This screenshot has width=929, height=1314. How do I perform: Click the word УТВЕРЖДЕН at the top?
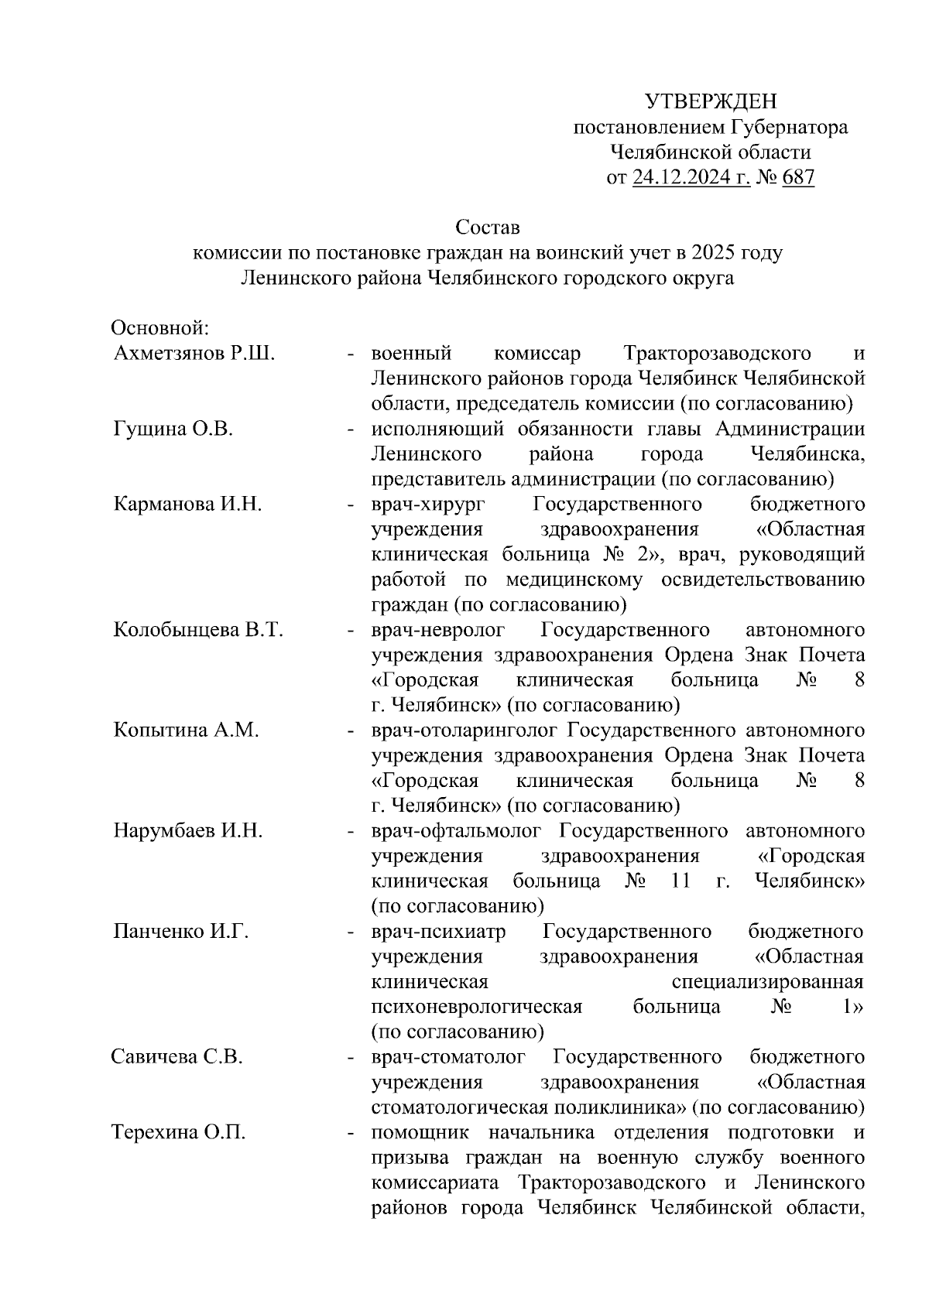(710, 101)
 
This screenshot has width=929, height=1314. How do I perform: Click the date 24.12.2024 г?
(691, 178)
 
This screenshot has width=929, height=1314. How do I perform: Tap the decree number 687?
(798, 178)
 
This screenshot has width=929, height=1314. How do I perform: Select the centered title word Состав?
(487, 228)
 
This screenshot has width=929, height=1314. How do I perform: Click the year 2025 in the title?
(716, 253)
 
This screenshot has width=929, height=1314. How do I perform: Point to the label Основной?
(160, 328)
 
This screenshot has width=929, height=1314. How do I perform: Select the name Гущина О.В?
(173, 429)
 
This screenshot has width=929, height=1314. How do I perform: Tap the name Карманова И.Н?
(187, 505)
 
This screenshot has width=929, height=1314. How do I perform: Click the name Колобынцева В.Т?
(198, 630)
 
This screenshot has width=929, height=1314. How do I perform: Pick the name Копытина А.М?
(186, 731)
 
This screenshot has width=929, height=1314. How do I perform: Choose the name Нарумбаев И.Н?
(188, 831)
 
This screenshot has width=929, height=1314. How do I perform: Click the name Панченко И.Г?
(181, 932)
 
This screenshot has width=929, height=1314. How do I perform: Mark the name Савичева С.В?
(177, 1057)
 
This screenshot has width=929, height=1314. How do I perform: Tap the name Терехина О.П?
(179, 1133)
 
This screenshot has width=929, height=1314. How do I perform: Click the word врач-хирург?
(428, 505)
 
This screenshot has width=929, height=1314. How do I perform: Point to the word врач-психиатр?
(438, 932)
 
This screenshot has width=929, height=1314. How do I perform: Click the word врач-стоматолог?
(448, 1057)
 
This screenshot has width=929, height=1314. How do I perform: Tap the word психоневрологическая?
(476, 1007)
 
